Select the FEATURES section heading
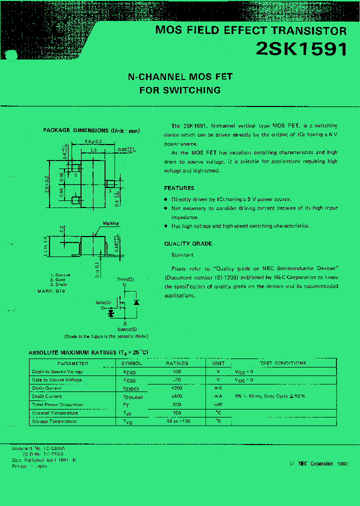click(x=179, y=188)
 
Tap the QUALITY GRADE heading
click(x=188, y=243)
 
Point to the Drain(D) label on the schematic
click(x=125, y=279)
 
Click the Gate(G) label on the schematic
click(x=103, y=303)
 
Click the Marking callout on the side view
click(x=110, y=223)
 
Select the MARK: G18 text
click(x=51, y=290)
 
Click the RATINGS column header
click(x=177, y=363)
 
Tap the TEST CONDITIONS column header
click(x=283, y=363)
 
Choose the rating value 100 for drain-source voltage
click(x=177, y=371)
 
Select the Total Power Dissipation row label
click(x=57, y=404)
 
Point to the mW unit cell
click(x=218, y=404)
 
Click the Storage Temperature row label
click(x=54, y=421)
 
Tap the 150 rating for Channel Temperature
click(x=177, y=413)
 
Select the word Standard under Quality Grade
click(x=182, y=255)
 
